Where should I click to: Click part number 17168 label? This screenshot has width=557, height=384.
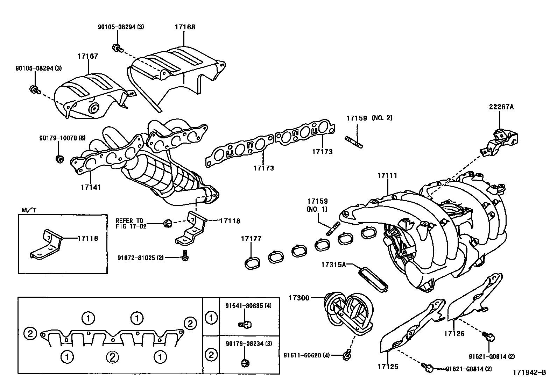tap(185, 27)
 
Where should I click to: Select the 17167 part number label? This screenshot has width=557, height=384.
tap(88, 56)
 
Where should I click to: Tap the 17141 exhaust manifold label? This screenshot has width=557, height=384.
tap(91, 187)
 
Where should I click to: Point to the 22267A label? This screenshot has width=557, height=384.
tap(501, 107)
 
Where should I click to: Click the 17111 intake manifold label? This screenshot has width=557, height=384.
tap(387, 175)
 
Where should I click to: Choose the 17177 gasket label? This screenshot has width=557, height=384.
tap(251, 239)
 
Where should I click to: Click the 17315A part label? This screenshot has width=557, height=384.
tap(333, 265)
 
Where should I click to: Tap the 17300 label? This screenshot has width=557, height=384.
tap(299, 298)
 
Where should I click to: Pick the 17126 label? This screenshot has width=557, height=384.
tap(454, 333)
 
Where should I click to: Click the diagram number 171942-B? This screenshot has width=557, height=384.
tap(529, 372)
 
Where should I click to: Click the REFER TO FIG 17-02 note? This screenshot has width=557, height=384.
tap(130, 223)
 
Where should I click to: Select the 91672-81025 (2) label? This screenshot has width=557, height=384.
tap(141, 258)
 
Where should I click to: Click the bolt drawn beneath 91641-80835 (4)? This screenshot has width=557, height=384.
tap(246, 324)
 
